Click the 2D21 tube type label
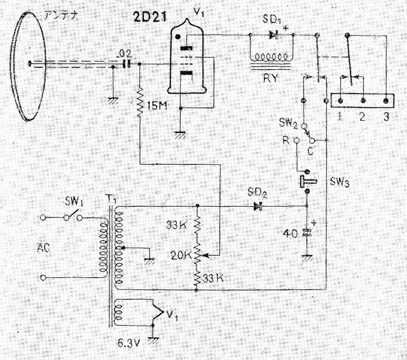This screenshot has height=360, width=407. (x=150, y=17)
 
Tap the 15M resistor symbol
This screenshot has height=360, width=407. (x=141, y=102)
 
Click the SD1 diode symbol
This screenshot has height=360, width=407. (x=273, y=34)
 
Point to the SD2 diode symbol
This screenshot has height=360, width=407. (x=258, y=206)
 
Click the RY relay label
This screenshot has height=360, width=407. (x=270, y=78)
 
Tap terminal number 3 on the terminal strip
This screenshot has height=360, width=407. (x=386, y=100)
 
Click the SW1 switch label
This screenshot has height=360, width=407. (x=74, y=201)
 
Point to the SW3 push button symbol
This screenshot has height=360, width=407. (x=307, y=181)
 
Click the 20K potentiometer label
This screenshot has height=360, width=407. (x=181, y=256)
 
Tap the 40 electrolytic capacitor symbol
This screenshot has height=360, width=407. (x=307, y=232)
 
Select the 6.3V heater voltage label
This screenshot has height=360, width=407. (x=129, y=343)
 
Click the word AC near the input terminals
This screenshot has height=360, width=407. (x=43, y=248)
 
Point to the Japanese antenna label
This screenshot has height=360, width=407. (x=61, y=16)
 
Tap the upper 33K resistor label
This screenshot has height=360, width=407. (x=177, y=225)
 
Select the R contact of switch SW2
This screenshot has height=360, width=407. (x=296, y=141)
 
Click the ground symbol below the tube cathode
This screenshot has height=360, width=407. (x=180, y=135)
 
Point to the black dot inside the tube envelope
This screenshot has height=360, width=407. (x=178, y=37)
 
